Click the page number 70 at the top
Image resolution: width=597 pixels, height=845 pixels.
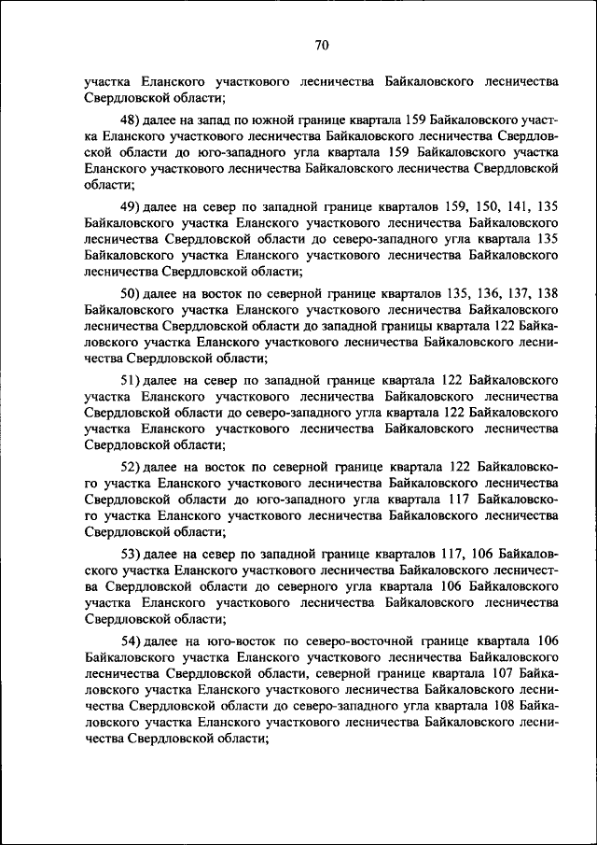tap(322, 45)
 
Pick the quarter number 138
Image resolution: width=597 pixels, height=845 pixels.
tap(546, 293)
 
